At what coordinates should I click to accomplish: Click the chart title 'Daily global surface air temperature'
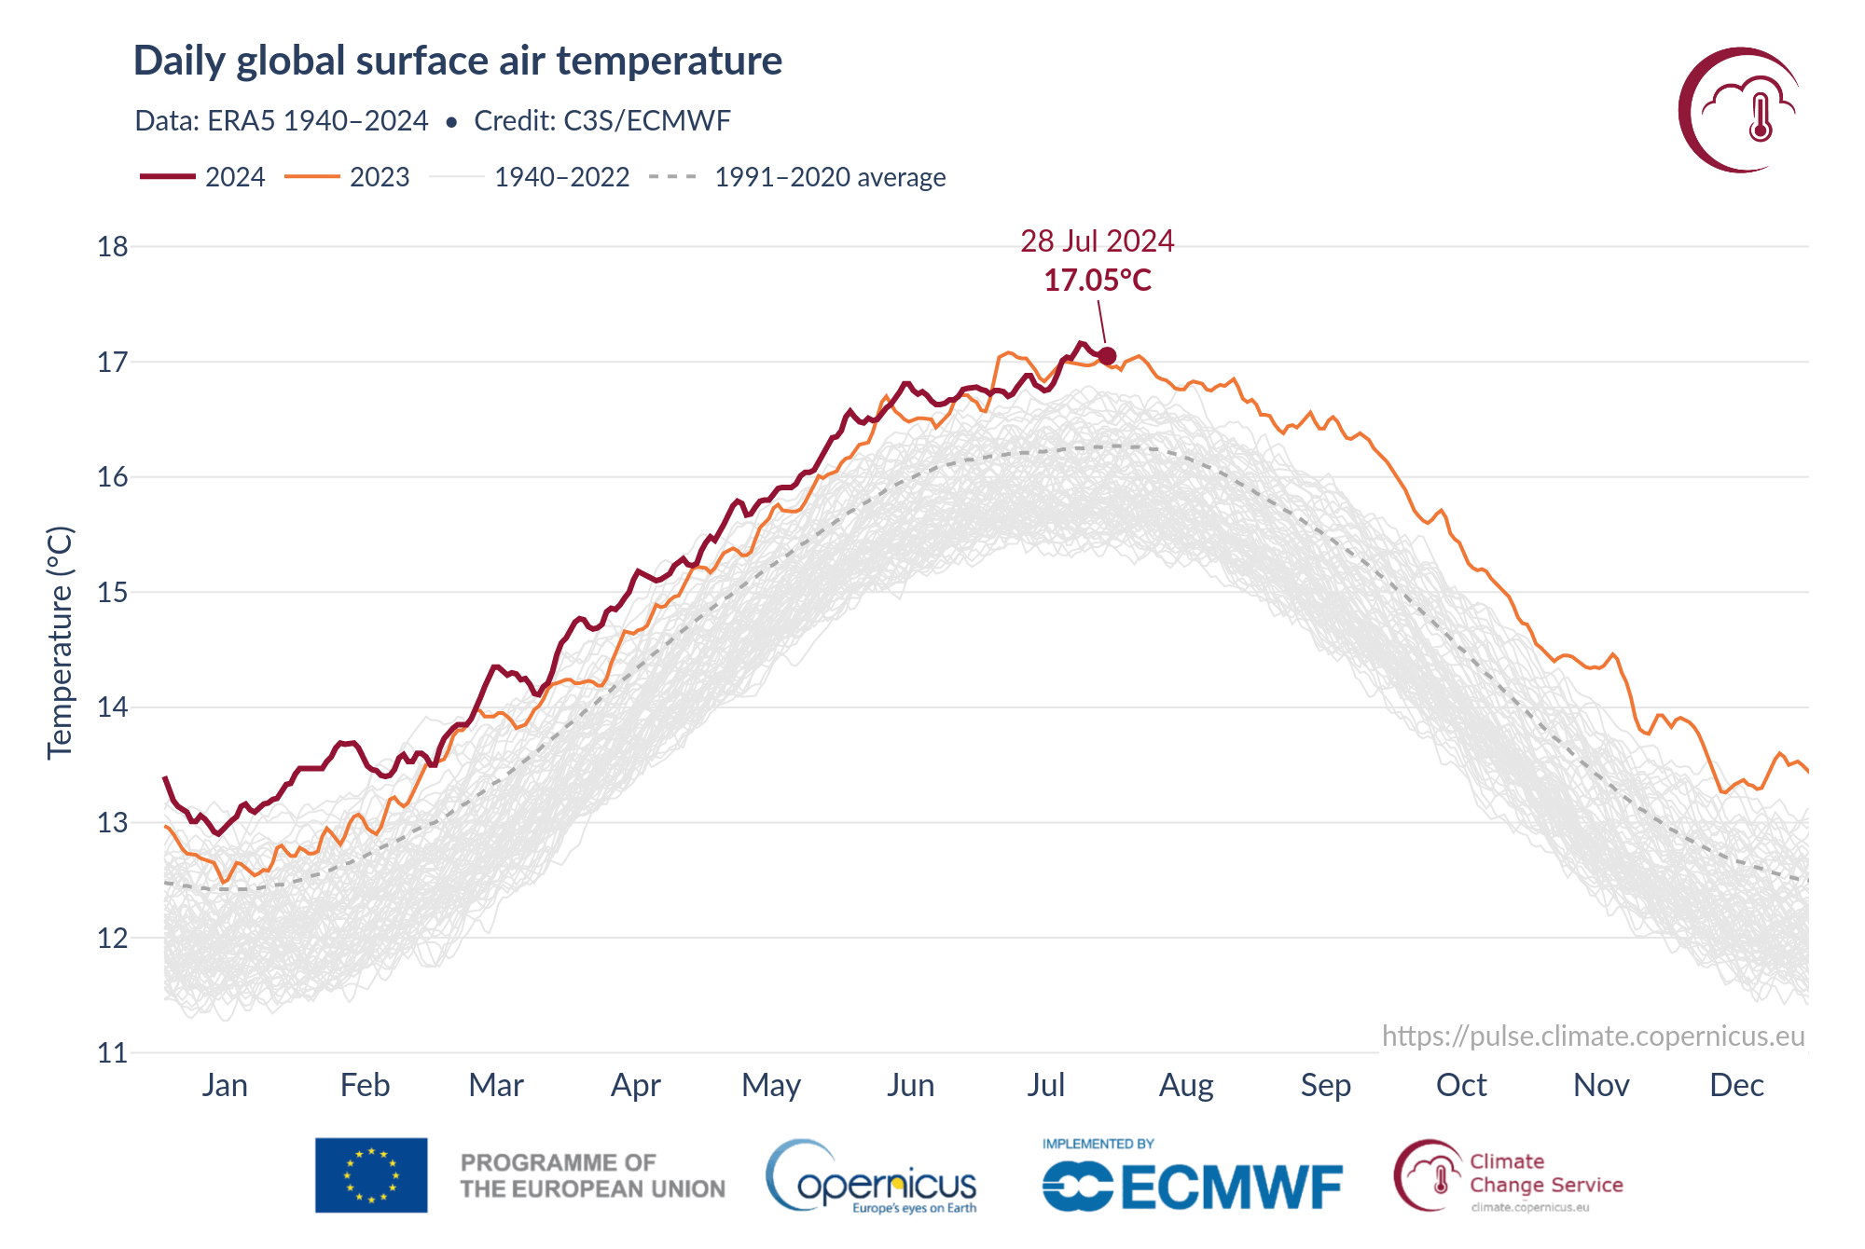pyautogui.click(x=457, y=61)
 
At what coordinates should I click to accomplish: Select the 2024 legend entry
pyautogui.click(x=202, y=177)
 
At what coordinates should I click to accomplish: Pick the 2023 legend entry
pyautogui.click(x=347, y=177)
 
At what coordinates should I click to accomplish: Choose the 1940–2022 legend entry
pyautogui.click(x=530, y=177)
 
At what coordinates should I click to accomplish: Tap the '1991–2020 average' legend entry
pyautogui.click(x=797, y=177)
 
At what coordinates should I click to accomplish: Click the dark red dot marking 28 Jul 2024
pyautogui.click(x=1107, y=356)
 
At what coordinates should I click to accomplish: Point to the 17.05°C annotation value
pyautogui.click(x=1098, y=280)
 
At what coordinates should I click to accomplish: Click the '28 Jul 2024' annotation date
pyautogui.click(x=1097, y=240)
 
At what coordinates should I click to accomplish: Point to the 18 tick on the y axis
pyautogui.click(x=113, y=247)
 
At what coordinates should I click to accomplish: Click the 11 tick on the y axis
pyautogui.click(x=113, y=1053)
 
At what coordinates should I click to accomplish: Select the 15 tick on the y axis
pyautogui.click(x=113, y=593)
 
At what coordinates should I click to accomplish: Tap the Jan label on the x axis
pyautogui.click(x=225, y=1085)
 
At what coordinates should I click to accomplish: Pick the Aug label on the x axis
pyautogui.click(x=1186, y=1085)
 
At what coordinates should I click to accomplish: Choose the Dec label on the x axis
pyautogui.click(x=1736, y=1085)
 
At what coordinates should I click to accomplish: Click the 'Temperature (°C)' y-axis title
pyautogui.click(x=60, y=643)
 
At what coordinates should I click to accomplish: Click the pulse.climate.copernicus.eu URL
pyautogui.click(x=1593, y=1036)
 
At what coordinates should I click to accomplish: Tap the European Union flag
pyautogui.click(x=371, y=1174)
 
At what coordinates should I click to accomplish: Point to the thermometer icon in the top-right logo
pyautogui.click(x=1761, y=117)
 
